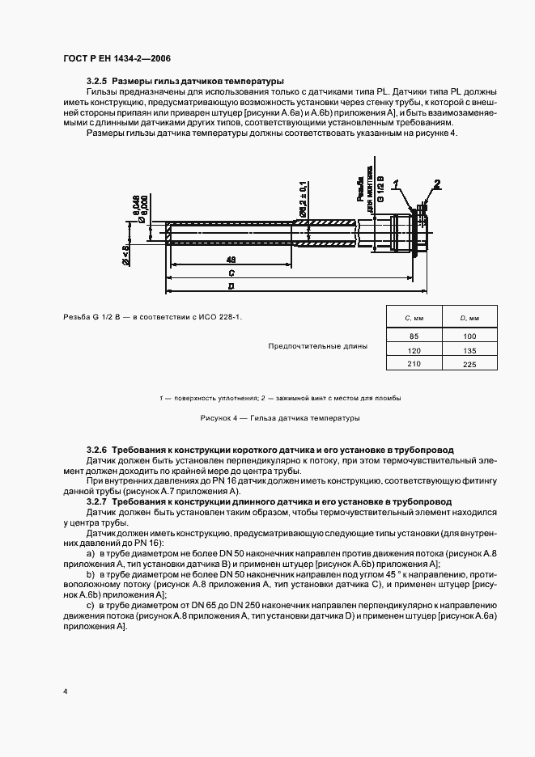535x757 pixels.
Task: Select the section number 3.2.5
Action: tap(96, 81)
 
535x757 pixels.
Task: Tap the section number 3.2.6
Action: tap(96, 448)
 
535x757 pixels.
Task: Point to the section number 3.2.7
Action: tap(96, 502)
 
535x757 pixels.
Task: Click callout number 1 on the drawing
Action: tap(397, 184)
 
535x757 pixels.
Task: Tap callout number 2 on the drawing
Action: tap(436, 183)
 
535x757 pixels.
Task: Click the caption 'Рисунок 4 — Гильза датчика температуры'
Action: tap(278, 418)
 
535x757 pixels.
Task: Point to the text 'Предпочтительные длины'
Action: tap(317, 346)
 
